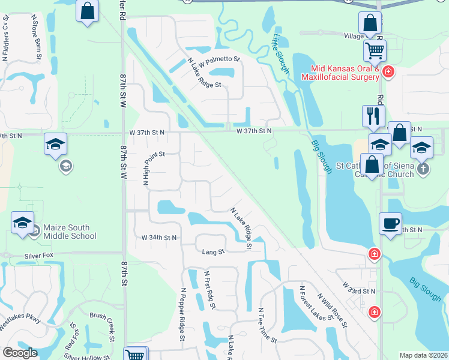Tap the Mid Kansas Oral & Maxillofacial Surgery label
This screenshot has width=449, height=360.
[x=345, y=73]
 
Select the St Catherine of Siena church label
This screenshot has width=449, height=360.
[x=375, y=170]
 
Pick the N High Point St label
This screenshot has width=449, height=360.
[x=145, y=169]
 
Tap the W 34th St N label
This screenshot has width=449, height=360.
[x=159, y=238]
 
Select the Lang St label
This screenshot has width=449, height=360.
[x=212, y=252]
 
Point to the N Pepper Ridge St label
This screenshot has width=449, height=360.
[x=182, y=314]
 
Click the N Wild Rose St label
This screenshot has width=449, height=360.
[x=333, y=310]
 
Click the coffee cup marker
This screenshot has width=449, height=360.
[x=390, y=224]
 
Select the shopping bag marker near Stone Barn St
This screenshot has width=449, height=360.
[x=88, y=11]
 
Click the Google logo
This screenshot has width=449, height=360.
[x=20, y=353]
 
